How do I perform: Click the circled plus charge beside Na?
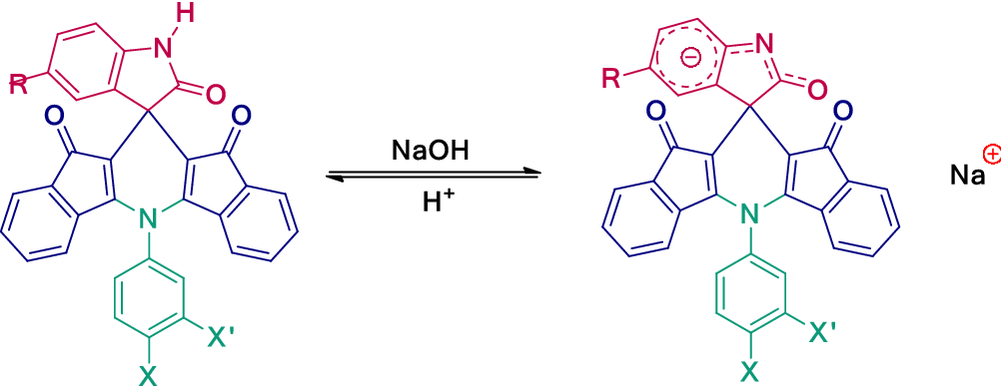click(991, 154)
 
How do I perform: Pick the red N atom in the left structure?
click(195, 43)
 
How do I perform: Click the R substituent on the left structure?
click(19, 86)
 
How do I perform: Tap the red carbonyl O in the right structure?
click(816, 90)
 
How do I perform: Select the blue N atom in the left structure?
click(147, 216)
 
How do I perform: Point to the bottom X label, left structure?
click(147, 375)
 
